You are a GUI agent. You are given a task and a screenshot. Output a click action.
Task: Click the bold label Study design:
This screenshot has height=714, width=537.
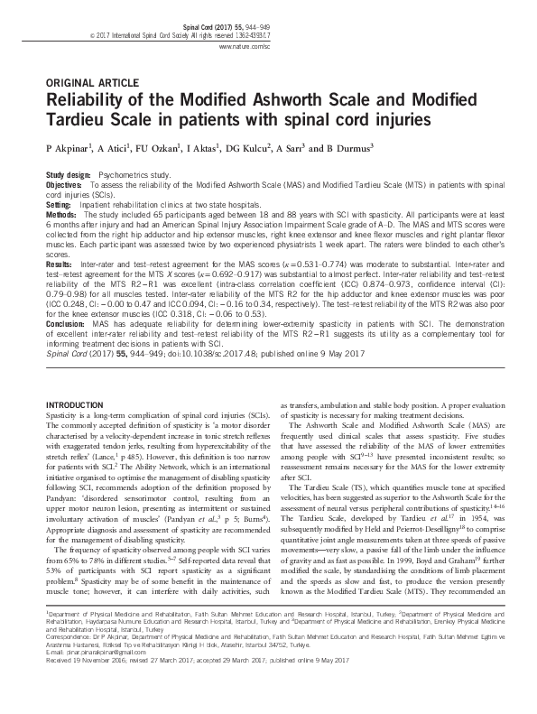click(68, 173)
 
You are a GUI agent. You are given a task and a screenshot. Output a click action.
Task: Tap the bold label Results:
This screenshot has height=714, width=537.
click(60, 267)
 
